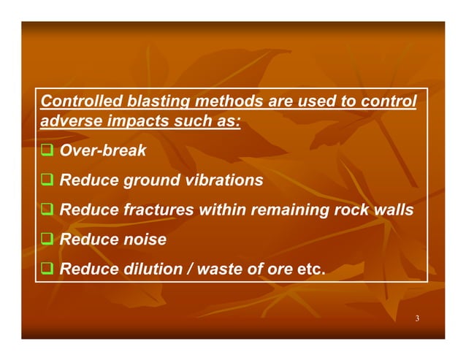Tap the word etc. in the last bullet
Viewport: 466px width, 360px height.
(x=310, y=269)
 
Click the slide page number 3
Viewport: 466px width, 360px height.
(x=416, y=319)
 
